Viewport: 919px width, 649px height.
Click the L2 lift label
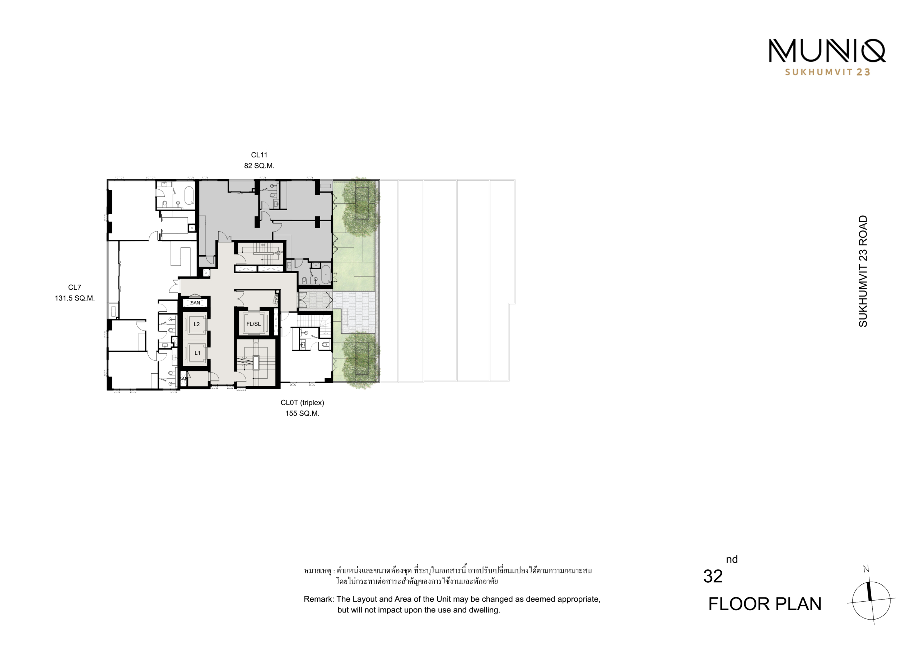(196, 324)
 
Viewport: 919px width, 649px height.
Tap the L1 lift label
(197, 353)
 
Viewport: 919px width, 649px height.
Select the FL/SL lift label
(253, 324)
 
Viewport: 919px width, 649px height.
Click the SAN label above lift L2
(195, 303)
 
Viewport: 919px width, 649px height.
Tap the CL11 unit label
(259, 155)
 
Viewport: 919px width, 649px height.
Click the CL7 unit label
(74, 287)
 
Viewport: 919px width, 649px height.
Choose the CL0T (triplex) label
(302, 403)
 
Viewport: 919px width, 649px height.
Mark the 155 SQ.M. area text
(302, 413)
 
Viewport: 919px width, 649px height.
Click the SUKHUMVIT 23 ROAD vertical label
(863, 271)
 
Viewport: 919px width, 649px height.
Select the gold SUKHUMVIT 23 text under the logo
(827, 72)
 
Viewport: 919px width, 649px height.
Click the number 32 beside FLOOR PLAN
(713, 577)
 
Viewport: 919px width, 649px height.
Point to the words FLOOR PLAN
(765, 604)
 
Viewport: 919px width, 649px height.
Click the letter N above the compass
(866, 569)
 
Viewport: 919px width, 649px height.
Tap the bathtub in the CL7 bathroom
(189, 196)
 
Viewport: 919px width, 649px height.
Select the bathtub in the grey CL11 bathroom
(326, 274)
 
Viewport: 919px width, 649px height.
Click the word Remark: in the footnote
(319, 599)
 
